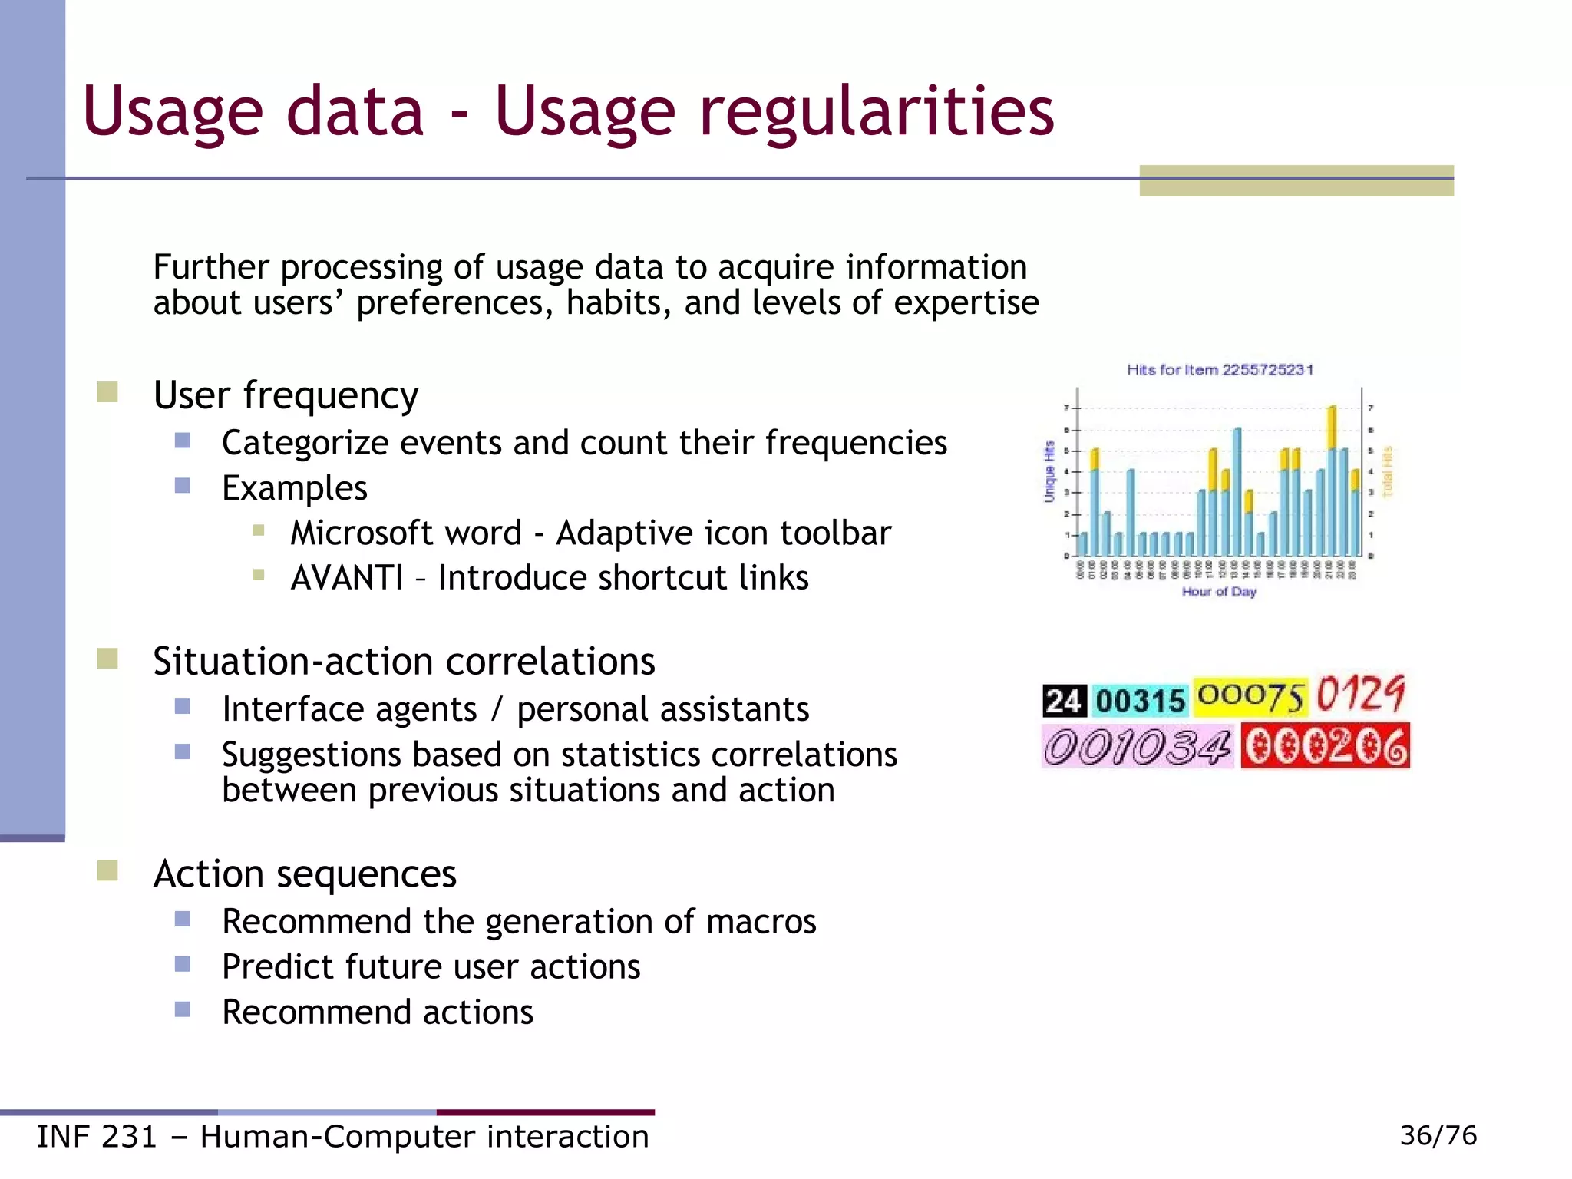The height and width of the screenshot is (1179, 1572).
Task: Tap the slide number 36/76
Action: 1438,1135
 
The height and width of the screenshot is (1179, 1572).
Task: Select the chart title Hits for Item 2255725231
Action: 1220,370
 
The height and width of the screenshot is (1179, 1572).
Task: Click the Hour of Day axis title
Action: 1219,591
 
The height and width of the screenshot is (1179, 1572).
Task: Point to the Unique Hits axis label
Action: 1049,471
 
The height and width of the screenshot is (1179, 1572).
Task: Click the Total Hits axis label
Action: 1387,471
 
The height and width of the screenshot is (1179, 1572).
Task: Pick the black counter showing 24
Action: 1064,701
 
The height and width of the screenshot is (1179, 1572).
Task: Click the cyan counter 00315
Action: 1140,701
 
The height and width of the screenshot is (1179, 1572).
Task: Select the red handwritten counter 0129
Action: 1361,694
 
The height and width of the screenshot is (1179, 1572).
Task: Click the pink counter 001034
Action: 1137,746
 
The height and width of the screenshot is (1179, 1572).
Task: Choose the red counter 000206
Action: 1326,747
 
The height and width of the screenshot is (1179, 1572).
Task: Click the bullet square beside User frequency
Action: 107,392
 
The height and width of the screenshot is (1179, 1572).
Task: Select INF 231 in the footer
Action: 97,1137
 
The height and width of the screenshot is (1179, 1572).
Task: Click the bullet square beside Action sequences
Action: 107,870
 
